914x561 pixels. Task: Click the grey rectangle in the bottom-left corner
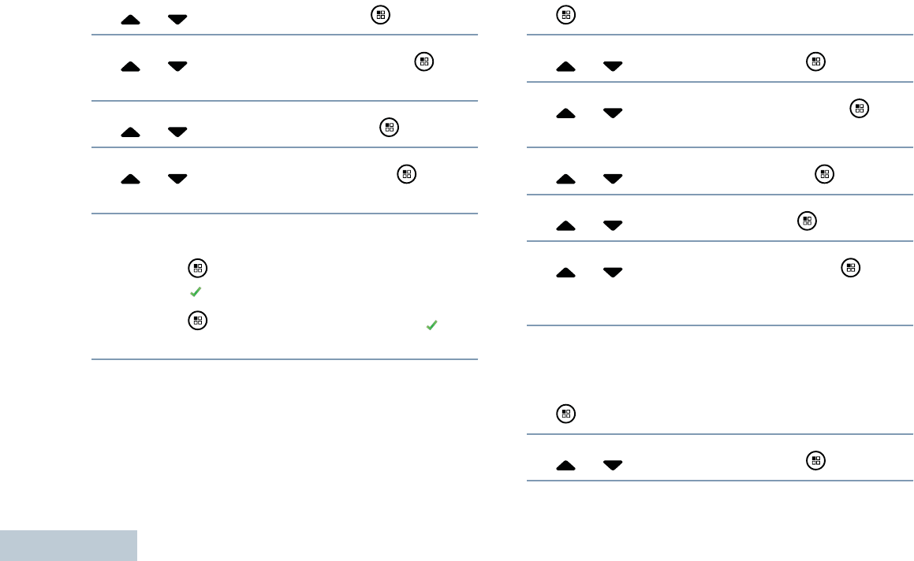[x=69, y=545]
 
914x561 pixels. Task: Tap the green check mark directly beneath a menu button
[x=197, y=292]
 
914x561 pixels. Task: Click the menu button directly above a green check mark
[x=197, y=269]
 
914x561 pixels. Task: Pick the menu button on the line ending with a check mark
[x=197, y=320]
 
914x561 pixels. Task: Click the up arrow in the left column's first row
[x=131, y=19]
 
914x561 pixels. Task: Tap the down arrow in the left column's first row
[x=177, y=19]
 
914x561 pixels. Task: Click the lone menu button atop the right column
[x=565, y=15]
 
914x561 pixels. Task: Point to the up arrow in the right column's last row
[x=566, y=466]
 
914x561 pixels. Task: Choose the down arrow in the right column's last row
[x=613, y=466]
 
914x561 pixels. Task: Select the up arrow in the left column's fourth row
[x=131, y=179]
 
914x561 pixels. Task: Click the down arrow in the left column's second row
[x=177, y=66]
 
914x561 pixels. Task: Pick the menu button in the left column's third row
[x=387, y=126]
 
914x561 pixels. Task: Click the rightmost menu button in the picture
[x=860, y=110]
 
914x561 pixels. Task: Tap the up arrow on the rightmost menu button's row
[x=566, y=113]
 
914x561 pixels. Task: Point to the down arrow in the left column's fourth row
[x=177, y=179]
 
